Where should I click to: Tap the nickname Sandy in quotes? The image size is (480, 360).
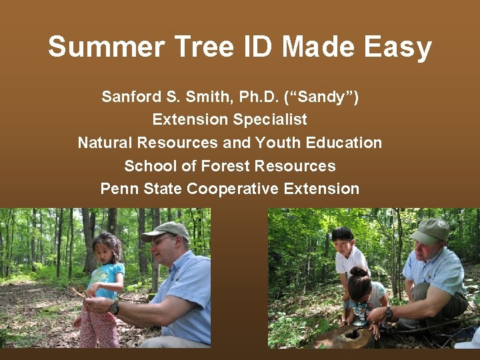(321, 97)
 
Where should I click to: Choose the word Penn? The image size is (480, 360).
(120, 189)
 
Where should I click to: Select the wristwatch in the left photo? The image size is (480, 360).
(114, 307)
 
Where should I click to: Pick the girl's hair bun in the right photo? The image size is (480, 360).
(357, 271)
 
